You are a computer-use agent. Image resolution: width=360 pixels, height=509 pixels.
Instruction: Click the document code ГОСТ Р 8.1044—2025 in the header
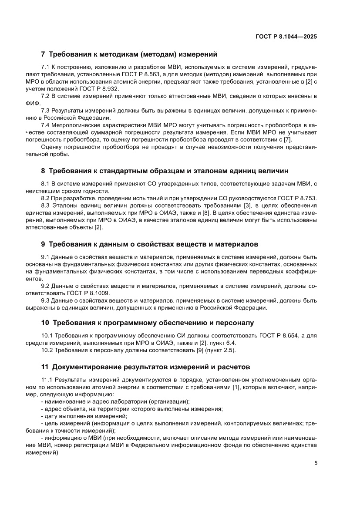click(x=286, y=37)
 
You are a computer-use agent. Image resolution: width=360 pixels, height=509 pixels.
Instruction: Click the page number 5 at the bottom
click(x=316, y=463)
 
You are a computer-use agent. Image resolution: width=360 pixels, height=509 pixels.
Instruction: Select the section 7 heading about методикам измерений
click(x=129, y=55)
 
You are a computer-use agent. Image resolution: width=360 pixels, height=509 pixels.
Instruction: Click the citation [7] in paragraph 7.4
click(x=287, y=139)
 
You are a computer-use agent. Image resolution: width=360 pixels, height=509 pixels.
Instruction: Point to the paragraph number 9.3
click(x=45, y=300)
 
